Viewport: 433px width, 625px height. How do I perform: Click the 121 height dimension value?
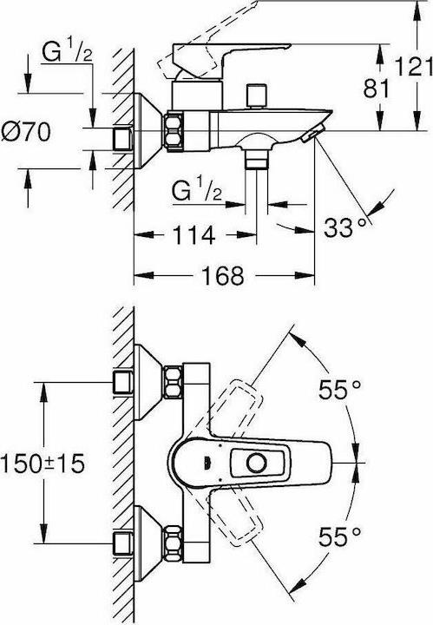tap(414, 67)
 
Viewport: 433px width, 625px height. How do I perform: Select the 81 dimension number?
tap(377, 89)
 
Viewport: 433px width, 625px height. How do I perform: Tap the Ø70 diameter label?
tap(26, 132)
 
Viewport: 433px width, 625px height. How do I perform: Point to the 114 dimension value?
tap(194, 234)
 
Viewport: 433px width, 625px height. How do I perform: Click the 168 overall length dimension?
tap(223, 275)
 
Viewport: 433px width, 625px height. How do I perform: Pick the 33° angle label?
tap(344, 227)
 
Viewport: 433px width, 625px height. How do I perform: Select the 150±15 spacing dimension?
tap(43, 464)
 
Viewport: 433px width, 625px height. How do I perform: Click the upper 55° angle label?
tap(340, 390)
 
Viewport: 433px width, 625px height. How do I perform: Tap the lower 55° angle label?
tap(340, 536)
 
